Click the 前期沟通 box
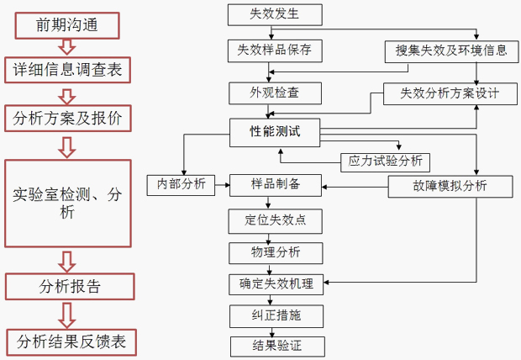[x=67, y=24]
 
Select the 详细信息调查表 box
[x=67, y=70]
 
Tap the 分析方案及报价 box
[x=67, y=118]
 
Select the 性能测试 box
[x=274, y=130]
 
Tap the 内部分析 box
[x=176, y=184]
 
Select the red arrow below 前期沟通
[x=67, y=47]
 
